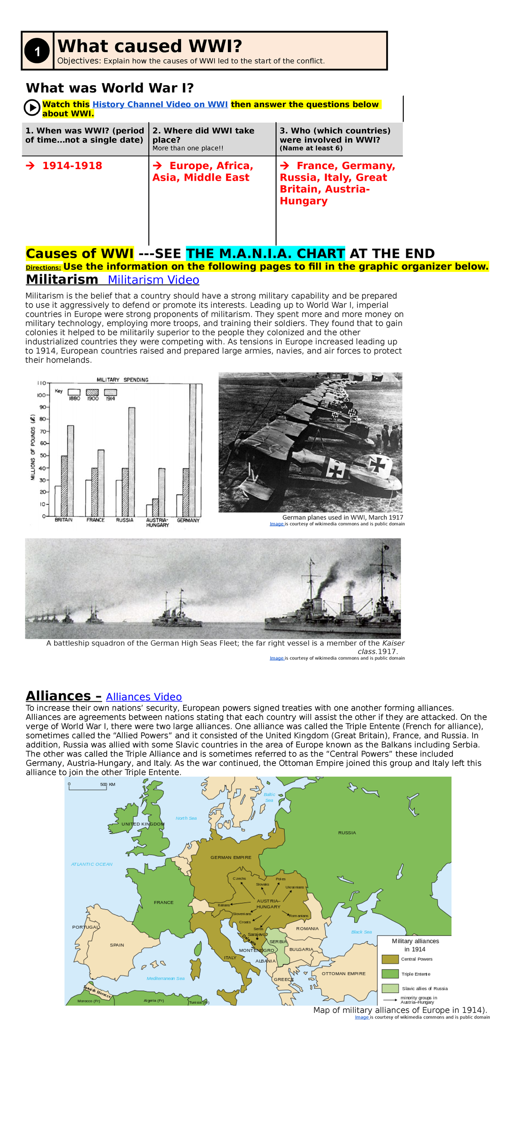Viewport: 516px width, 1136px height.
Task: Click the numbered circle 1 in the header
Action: click(x=37, y=51)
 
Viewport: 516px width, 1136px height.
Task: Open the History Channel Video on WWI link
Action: click(x=160, y=105)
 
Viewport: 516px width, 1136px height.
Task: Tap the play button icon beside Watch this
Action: click(x=32, y=107)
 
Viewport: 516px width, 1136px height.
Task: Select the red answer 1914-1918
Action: click(x=72, y=166)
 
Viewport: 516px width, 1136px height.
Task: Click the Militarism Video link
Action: click(x=154, y=280)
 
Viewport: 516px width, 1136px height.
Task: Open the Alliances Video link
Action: click(x=144, y=697)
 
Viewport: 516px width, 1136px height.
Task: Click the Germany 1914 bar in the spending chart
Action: click(x=193, y=450)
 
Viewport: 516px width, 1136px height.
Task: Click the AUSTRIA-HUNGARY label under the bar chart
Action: click(x=157, y=522)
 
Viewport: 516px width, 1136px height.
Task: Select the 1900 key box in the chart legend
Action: click(x=92, y=392)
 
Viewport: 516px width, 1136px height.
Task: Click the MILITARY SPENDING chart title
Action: click(x=123, y=380)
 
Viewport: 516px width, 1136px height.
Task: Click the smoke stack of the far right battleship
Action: click(x=348, y=604)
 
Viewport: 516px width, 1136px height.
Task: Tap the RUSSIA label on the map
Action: click(x=347, y=833)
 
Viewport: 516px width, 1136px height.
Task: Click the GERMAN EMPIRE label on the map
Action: click(x=230, y=857)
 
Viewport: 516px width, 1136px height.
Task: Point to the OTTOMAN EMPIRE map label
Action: click(x=343, y=973)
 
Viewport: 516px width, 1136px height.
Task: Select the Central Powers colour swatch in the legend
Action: click(x=390, y=959)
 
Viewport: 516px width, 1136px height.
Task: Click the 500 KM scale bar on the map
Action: click(x=88, y=787)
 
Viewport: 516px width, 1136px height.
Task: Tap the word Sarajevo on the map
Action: click(x=256, y=934)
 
